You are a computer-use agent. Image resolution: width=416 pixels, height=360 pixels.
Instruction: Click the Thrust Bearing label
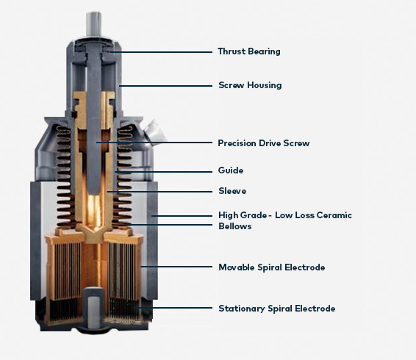248,51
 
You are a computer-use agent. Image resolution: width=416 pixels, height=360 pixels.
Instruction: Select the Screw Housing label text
250,85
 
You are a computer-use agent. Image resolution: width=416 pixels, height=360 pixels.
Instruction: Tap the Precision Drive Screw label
263,143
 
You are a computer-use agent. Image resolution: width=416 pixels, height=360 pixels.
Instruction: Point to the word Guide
230,170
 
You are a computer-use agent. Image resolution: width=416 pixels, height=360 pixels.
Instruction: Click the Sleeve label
232,191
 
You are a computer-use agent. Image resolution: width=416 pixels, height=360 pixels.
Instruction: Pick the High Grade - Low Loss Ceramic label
284,215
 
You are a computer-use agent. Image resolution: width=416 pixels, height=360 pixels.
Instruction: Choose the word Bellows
234,226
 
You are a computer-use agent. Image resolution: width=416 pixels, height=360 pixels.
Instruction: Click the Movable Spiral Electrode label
271,267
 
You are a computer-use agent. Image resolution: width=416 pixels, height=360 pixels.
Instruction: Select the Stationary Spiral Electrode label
276,309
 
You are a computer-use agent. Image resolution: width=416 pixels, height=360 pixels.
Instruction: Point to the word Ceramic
335,215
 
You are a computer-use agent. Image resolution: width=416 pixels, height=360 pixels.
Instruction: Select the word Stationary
240,309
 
